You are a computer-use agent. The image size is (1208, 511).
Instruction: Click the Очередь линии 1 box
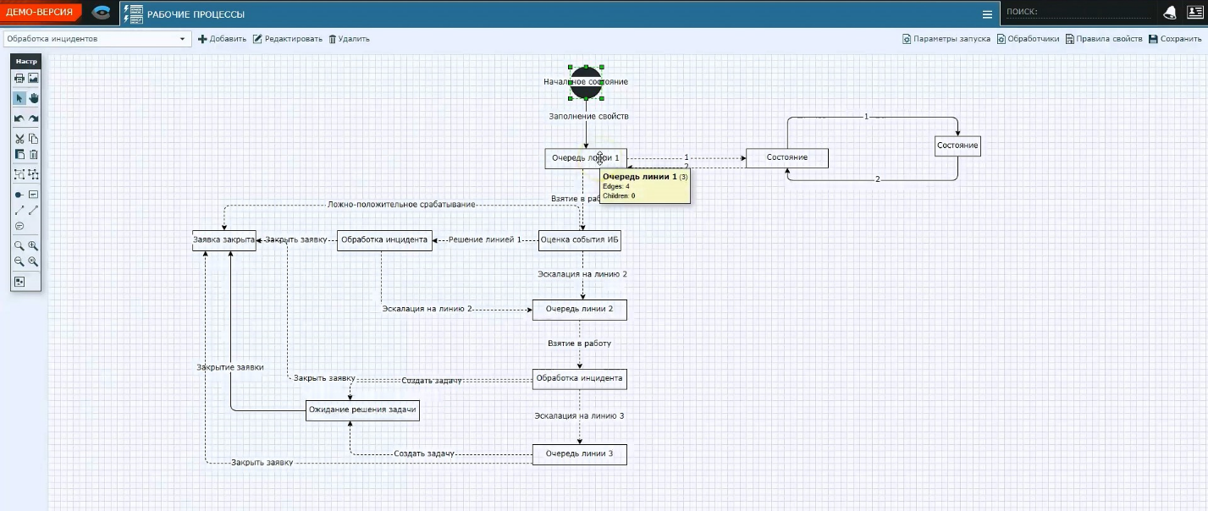[x=567, y=158]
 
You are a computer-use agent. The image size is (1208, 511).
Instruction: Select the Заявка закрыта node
[x=223, y=240]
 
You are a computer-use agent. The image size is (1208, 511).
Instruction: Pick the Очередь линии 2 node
[x=579, y=310]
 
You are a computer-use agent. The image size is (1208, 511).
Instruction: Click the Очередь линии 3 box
[x=579, y=454]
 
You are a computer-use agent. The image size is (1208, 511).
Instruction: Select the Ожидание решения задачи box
[x=362, y=410]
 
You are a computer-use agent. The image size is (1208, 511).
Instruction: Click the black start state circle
[x=586, y=82]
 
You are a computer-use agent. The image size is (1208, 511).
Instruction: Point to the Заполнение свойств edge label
[x=588, y=116]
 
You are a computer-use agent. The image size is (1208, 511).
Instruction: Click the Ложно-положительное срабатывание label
[x=401, y=205]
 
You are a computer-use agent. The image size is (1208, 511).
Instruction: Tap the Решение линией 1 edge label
[x=485, y=240]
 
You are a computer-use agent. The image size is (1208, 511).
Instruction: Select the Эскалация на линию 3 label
[x=579, y=416]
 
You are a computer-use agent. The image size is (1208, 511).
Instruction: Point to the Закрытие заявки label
[x=230, y=367]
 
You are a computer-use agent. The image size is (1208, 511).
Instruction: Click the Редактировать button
[x=288, y=39]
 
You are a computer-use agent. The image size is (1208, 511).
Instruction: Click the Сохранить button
[x=1175, y=39]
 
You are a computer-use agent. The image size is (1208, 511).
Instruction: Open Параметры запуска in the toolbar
[x=946, y=39]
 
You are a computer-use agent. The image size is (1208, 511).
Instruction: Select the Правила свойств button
[x=1104, y=39]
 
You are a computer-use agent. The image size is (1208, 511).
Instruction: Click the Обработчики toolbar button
[x=1028, y=39]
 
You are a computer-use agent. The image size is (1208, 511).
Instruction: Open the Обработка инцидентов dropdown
[x=97, y=39]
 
